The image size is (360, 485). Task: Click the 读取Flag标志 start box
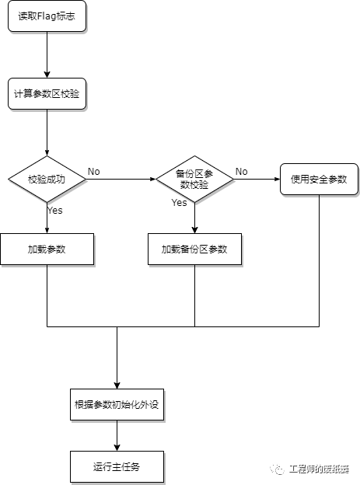(x=47, y=16)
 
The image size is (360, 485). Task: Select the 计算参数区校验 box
(x=47, y=93)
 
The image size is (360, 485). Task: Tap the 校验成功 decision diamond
(x=47, y=179)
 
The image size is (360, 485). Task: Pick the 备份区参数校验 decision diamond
(x=194, y=179)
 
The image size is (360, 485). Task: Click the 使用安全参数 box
(x=319, y=179)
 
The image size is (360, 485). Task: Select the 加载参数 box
(x=47, y=249)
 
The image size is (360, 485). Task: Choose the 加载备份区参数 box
(x=194, y=249)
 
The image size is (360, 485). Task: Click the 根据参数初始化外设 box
(x=117, y=404)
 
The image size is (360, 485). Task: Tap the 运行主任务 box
(x=117, y=466)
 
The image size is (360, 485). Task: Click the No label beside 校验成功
(x=93, y=171)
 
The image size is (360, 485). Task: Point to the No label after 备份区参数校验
(x=242, y=171)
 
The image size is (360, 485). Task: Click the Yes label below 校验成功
(x=55, y=210)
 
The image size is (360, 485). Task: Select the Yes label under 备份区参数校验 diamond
(x=179, y=203)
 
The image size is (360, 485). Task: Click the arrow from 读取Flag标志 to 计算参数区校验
(x=47, y=54)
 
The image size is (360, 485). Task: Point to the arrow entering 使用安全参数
(x=257, y=179)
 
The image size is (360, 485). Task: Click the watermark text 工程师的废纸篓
(x=319, y=469)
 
